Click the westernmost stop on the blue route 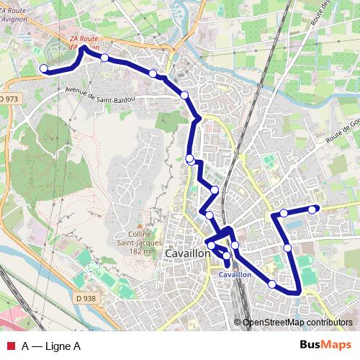click(x=43, y=69)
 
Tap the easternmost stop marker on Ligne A click(x=312, y=210)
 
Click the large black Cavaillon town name click(x=188, y=254)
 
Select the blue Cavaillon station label click(x=235, y=274)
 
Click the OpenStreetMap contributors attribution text click(x=297, y=323)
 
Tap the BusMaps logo click(x=325, y=346)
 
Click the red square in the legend click(x=11, y=346)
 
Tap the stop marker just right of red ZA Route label click(x=104, y=58)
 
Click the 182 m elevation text click(x=141, y=252)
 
